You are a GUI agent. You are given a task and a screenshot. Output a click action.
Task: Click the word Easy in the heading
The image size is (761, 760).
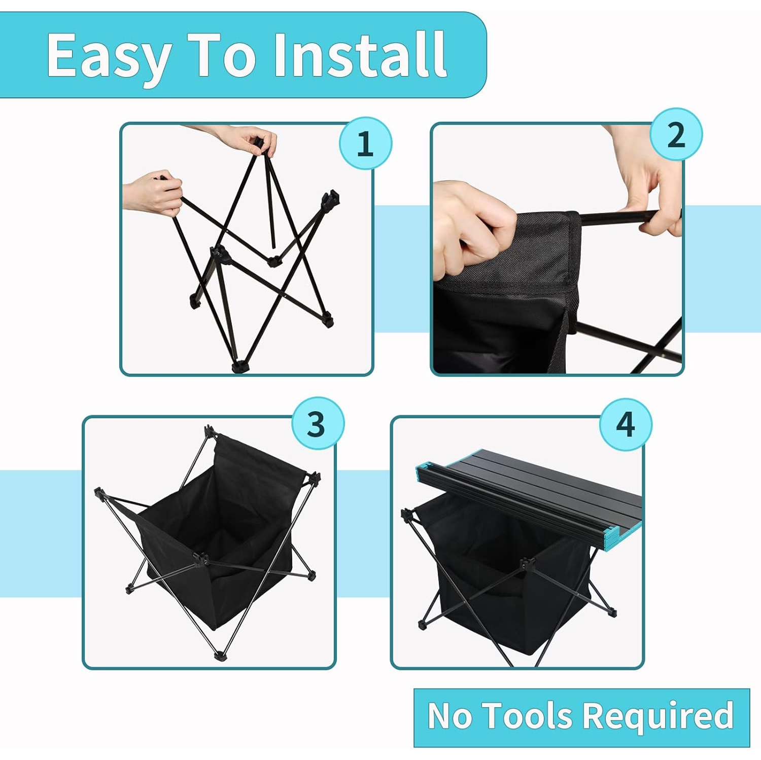point(109,56)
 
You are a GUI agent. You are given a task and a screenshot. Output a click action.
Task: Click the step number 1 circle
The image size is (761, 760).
point(366,143)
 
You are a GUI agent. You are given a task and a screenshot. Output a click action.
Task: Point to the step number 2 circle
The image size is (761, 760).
point(676,135)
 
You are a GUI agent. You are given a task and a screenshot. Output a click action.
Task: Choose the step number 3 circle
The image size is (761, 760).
point(318,423)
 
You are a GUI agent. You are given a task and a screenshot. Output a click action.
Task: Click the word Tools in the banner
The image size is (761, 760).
point(528,716)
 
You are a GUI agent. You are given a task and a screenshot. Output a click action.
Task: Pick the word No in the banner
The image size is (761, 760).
point(450,716)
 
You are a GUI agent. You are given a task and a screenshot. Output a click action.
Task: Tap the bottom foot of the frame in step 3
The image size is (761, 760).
point(219,656)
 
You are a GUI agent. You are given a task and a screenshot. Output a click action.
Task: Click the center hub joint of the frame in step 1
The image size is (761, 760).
point(219,252)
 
